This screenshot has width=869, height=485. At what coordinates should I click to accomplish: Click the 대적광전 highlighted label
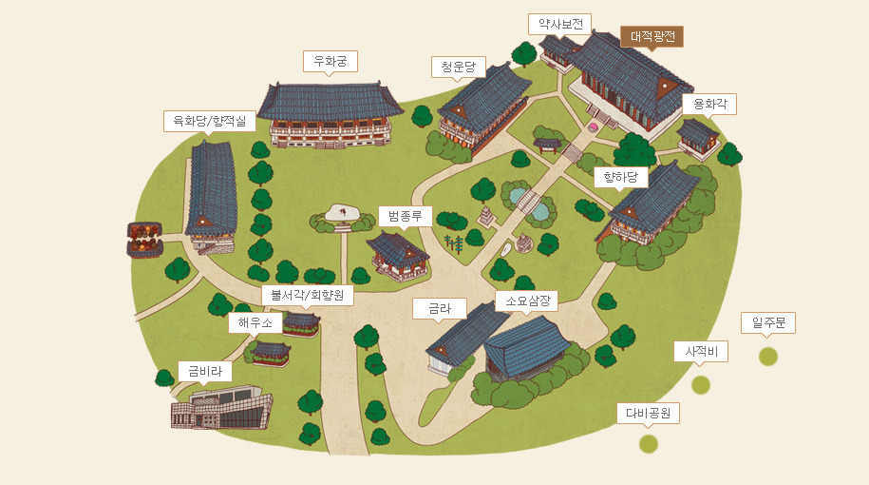(652, 36)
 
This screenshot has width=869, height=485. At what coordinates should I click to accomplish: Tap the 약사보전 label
(560, 24)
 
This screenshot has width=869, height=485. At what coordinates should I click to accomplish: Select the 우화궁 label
(330, 61)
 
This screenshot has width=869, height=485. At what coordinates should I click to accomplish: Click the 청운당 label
(458, 67)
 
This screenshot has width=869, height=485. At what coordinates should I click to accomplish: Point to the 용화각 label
(709, 104)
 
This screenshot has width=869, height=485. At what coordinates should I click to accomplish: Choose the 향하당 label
(621, 177)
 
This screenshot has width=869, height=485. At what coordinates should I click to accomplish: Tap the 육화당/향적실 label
(209, 121)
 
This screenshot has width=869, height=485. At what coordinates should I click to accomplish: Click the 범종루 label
(405, 216)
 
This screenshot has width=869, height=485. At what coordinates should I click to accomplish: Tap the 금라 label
(440, 308)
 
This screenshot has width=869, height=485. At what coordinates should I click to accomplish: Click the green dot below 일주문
(768, 357)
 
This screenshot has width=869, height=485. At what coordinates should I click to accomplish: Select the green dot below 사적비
(700, 385)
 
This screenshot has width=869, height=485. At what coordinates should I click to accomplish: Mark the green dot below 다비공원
(649, 443)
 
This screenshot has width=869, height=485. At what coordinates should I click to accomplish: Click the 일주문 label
(768, 323)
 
